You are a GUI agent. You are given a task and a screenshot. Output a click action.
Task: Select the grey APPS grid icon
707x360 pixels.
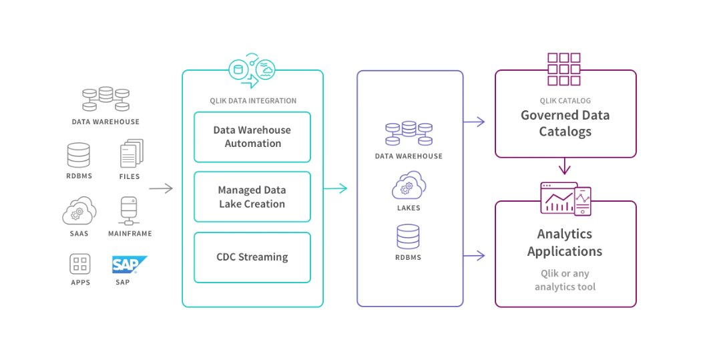click(79, 264)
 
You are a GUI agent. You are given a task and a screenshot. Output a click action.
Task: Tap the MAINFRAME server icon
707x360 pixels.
click(130, 211)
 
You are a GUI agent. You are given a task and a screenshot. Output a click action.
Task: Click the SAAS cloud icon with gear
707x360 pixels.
click(79, 212)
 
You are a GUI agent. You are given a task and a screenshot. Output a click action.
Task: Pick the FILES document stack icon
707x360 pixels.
click(131, 154)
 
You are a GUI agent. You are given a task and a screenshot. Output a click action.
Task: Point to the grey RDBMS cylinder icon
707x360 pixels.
click(78, 155)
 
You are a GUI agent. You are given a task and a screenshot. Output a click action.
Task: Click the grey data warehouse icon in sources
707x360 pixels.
click(105, 100)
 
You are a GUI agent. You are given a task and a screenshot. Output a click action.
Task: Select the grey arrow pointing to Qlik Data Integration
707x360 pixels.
click(161, 189)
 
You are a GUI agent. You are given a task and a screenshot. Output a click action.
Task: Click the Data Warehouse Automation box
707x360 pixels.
click(252, 137)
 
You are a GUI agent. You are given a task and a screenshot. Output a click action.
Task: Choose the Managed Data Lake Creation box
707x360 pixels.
click(252, 197)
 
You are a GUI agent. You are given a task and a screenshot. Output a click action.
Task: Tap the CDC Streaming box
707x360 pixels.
click(252, 257)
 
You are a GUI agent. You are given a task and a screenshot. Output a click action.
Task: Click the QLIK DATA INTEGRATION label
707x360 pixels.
click(253, 101)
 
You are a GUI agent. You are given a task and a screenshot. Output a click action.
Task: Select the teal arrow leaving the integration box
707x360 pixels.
click(336, 189)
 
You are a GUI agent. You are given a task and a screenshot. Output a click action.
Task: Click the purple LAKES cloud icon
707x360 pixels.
click(409, 185)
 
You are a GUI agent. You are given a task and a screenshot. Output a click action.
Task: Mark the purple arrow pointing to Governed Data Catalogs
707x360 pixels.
click(474, 122)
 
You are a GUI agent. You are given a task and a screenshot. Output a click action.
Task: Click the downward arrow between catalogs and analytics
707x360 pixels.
click(565, 166)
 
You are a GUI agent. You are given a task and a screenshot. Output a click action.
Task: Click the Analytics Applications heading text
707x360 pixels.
click(565, 242)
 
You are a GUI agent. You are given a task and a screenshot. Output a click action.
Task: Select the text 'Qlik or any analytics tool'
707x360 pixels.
click(565, 280)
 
